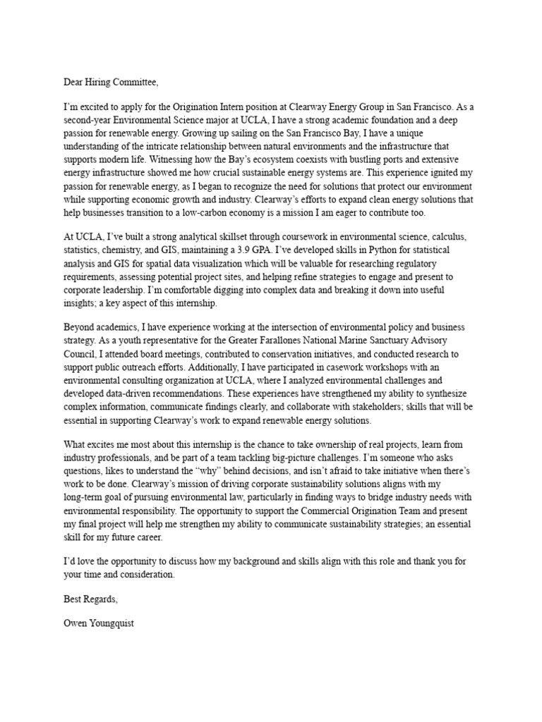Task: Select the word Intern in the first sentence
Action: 252,107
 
